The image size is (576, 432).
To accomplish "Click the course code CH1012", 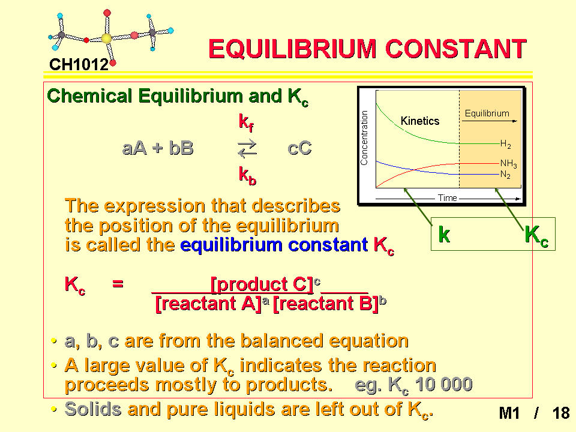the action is [x=79, y=65].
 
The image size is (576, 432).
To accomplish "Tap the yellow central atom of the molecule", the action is [x=106, y=38].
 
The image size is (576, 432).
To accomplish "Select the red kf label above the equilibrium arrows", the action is [x=246, y=122].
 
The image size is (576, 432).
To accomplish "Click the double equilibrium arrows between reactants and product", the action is [x=247, y=148].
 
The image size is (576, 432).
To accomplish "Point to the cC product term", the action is [x=299, y=148].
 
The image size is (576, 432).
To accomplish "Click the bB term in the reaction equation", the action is [x=181, y=148].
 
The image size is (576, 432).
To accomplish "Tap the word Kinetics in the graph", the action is [x=420, y=121].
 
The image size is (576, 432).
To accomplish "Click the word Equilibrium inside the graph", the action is [x=487, y=113].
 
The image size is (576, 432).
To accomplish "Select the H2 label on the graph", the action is [x=505, y=144].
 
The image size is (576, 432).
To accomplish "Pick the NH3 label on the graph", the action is [x=508, y=163].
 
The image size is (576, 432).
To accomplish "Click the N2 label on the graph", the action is [x=505, y=175].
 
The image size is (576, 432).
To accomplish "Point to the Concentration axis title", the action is [x=364, y=138].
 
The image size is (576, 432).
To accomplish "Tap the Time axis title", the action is [x=448, y=198].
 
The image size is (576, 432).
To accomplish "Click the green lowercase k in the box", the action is [x=444, y=234].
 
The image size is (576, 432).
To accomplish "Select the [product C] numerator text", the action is [x=262, y=284].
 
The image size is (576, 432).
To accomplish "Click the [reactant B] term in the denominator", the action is [x=325, y=304].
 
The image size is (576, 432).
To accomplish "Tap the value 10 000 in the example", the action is [x=443, y=385].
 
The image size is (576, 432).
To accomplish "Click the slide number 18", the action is [x=561, y=413].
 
